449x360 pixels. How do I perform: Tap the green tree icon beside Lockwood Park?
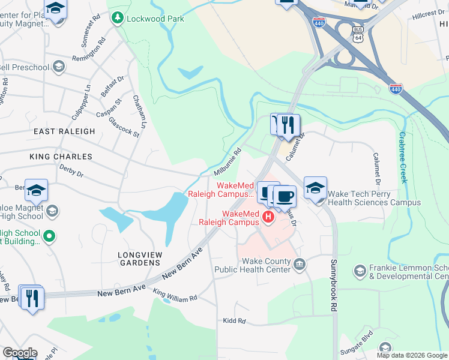coord(117,19)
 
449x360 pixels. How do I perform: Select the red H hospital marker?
coord(269,216)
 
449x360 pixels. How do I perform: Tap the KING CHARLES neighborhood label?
coord(61,157)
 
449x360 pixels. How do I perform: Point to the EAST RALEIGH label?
coord(64,131)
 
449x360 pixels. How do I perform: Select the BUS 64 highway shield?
coord(358,35)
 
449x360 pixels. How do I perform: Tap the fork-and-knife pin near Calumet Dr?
coord(289,125)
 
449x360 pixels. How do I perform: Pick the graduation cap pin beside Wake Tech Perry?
coord(315,187)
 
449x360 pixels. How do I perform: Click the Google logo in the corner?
coord(19,353)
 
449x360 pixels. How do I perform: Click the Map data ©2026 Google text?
coord(411,355)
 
